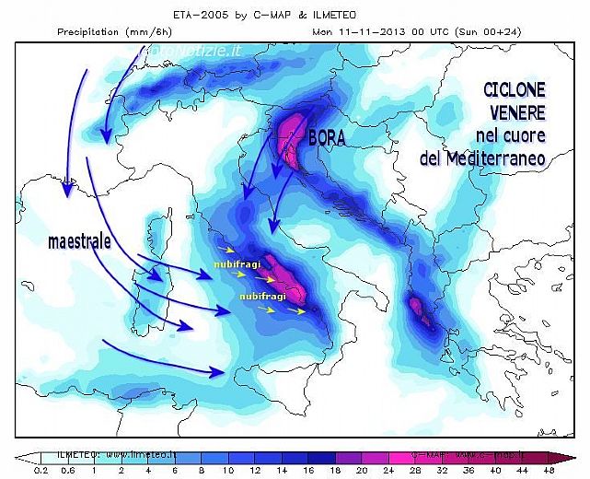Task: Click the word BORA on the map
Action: tap(330, 137)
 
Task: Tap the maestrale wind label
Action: tap(78, 242)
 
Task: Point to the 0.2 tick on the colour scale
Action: tap(41, 470)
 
